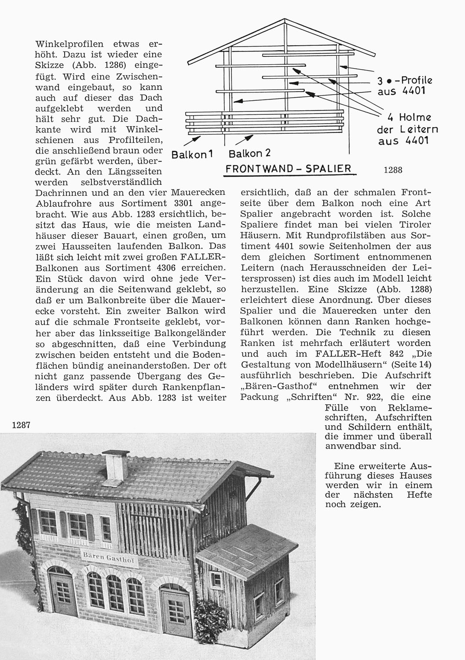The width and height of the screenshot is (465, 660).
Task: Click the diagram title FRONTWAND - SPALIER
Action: click(x=288, y=169)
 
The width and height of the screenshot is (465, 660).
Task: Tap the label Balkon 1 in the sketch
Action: click(x=192, y=155)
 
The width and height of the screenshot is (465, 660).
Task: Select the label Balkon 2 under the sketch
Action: click(x=249, y=154)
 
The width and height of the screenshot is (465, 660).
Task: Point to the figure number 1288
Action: click(x=393, y=170)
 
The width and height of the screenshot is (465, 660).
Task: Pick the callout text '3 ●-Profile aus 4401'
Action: click(x=405, y=86)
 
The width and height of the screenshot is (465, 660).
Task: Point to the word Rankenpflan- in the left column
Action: click(x=193, y=387)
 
